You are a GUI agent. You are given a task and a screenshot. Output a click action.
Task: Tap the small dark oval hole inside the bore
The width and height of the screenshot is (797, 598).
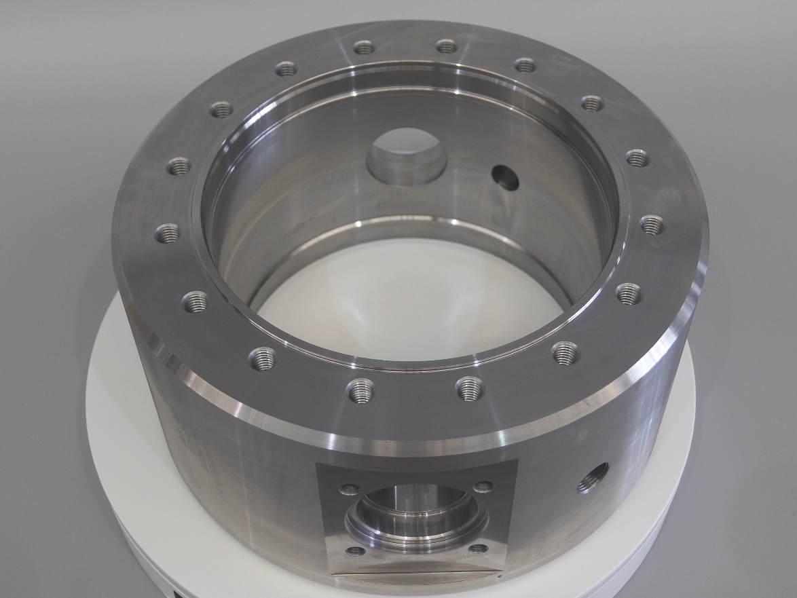point(506,177)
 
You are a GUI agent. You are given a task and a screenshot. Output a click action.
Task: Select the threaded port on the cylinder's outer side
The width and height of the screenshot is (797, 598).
point(593,477)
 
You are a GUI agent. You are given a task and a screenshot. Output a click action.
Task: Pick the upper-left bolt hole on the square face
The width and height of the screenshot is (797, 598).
point(350,488)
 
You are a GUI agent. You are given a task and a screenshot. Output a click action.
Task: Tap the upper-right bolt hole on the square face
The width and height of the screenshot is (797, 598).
point(483,487)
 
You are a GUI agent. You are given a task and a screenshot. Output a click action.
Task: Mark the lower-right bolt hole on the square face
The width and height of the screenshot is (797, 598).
point(479,548)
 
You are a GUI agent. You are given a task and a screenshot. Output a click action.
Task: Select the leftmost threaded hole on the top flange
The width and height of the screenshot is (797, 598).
point(167,233)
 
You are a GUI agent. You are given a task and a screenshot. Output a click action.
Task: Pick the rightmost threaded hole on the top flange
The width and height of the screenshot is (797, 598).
point(652,225)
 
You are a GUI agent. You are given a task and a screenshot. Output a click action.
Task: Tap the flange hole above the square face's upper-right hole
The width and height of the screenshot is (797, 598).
point(470,389)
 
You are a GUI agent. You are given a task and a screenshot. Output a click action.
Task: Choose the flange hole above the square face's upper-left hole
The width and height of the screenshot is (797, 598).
point(360,390)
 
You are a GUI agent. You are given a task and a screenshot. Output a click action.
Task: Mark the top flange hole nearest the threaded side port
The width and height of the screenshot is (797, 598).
point(565,353)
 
